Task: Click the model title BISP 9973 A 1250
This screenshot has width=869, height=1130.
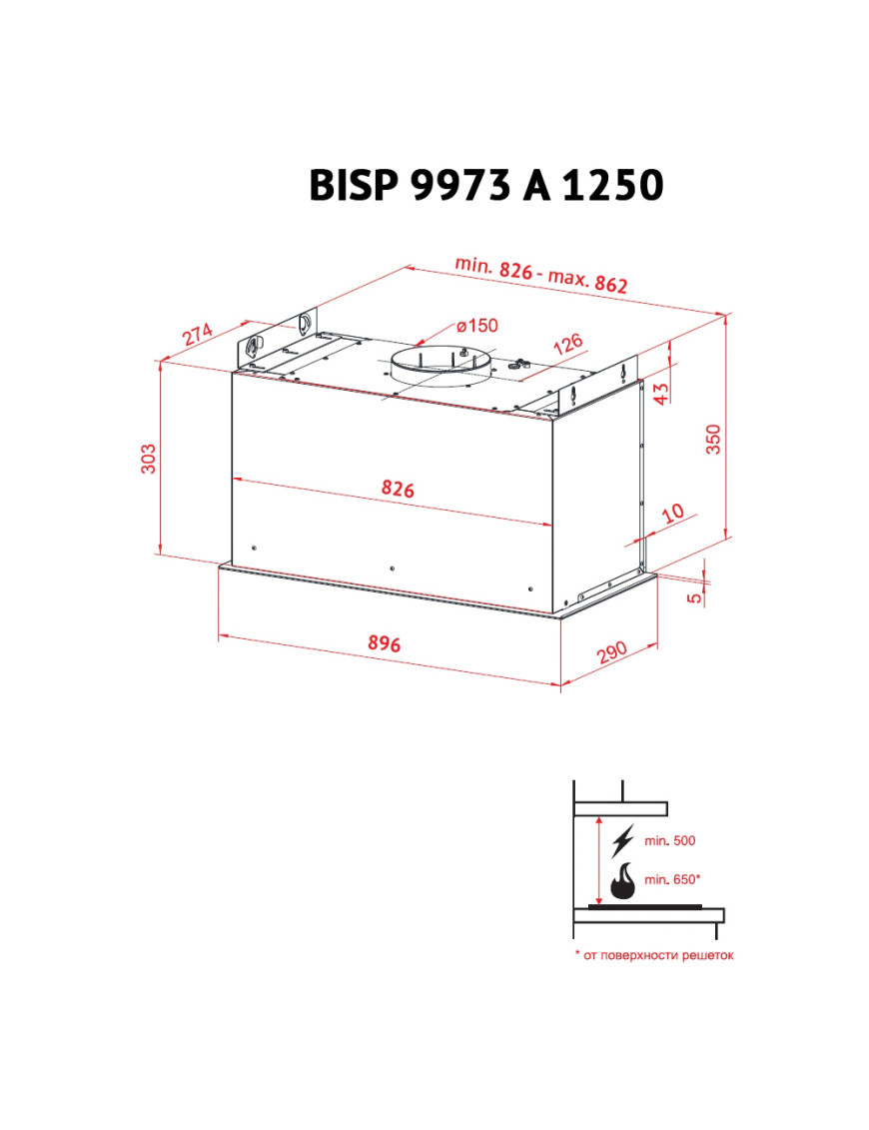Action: (485, 185)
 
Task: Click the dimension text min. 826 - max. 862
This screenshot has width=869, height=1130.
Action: (541, 275)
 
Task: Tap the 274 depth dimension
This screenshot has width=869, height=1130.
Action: (197, 333)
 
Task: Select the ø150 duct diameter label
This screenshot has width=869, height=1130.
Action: (477, 326)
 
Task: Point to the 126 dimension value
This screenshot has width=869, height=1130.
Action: (567, 343)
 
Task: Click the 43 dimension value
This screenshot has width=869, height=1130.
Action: (661, 394)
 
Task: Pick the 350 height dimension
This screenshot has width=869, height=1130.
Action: (712, 439)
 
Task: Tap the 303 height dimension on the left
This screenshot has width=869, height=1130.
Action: (148, 459)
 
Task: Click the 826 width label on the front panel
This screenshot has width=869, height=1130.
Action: (398, 489)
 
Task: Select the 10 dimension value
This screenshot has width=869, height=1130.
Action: (672, 514)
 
